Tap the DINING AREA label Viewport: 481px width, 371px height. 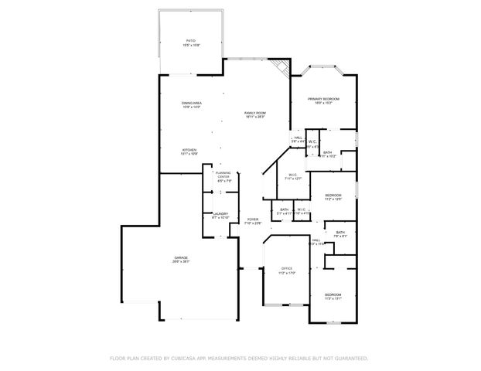coord(191,104)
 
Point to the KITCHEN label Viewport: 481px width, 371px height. coord(189,151)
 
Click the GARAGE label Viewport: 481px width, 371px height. coord(181,259)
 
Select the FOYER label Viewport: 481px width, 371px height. coord(253,220)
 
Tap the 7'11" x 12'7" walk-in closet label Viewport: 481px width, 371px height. coord(293,176)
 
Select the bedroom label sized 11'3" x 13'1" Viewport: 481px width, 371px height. coord(333,296)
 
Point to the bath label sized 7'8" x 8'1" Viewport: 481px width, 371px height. coord(340,233)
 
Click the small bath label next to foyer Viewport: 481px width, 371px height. coord(284,211)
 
